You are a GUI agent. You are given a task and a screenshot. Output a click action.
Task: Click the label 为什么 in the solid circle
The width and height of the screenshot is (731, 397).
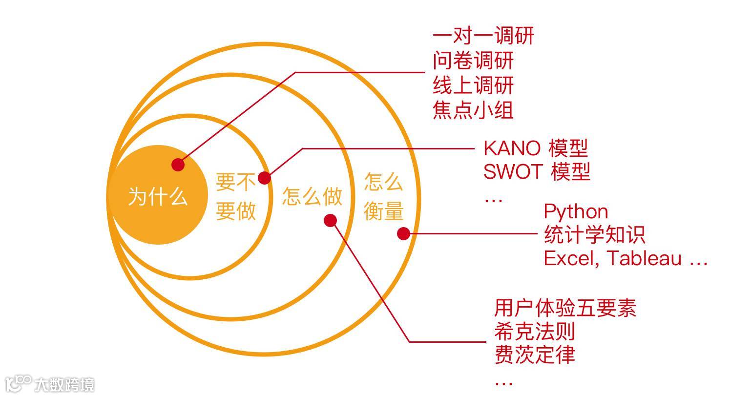coord(157,197)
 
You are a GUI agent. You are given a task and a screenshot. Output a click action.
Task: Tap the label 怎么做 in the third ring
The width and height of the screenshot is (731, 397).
coord(312,197)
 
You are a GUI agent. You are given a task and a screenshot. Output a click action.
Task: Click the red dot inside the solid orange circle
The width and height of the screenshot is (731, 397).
coord(178,165)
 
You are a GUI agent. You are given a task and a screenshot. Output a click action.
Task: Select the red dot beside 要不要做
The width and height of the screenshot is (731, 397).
coord(264,178)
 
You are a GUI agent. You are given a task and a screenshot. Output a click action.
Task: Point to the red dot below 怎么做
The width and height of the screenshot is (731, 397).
coord(331,221)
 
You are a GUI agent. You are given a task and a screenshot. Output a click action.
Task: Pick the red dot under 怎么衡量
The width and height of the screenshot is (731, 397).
coord(403,234)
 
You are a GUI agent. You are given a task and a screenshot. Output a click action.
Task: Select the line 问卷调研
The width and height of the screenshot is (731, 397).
coord(473,61)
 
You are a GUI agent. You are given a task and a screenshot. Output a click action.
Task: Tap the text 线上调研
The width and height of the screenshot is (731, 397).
coord(473,85)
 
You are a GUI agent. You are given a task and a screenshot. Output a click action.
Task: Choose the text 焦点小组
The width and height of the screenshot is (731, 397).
coord(473,110)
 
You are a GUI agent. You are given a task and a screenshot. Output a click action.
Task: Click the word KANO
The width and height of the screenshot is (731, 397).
coord(512,148)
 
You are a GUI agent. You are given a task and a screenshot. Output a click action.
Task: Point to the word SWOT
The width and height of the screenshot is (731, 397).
coord(513,171)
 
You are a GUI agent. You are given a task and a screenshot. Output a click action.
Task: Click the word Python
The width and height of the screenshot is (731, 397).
coord(576,212)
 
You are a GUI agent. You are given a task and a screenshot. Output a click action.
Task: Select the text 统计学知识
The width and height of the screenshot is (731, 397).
coord(594,235)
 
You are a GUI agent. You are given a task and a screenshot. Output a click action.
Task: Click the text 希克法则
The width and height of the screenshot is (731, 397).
coord(534,332)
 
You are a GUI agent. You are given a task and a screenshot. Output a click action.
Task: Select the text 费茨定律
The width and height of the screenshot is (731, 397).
coord(534,355)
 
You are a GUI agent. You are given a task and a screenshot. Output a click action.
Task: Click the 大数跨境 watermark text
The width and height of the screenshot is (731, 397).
coord(64,385)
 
